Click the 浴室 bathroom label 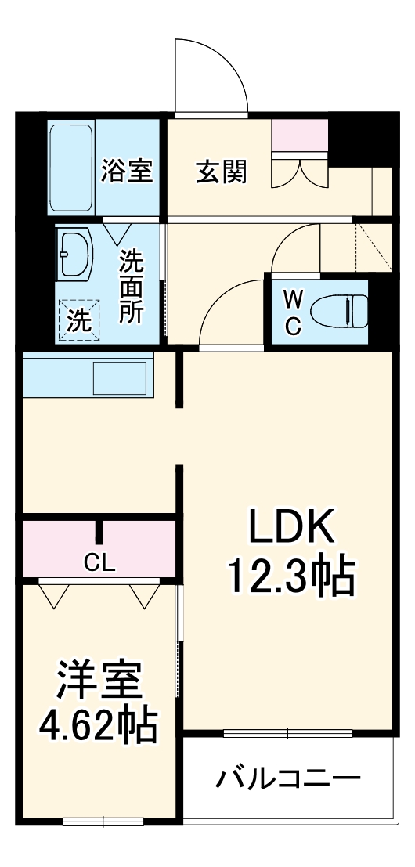pyautogui.click(x=126, y=172)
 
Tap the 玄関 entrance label pyautogui.click(x=221, y=172)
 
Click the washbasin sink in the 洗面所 pyautogui.click(x=75, y=254)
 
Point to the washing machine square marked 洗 pyautogui.click(x=78, y=320)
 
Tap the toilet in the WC pyautogui.click(x=337, y=312)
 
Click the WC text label pyautogui.click(x=292, y=312)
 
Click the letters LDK pyautogui.click(x=291, y=529)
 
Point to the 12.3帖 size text pyautogui.click(x=291, y=578)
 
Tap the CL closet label pyautogui.click(x=100, y=562)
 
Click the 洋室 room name pyautogui.click(x=99, y=682)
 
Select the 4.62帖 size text pyautogui.click(x=99, y=727)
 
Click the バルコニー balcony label pyautogui.click(x=289, y=779)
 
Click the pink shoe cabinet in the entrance pyautogui.click(x=301, y=137)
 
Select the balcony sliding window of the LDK pyautogui.click(x=287, y=734)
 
